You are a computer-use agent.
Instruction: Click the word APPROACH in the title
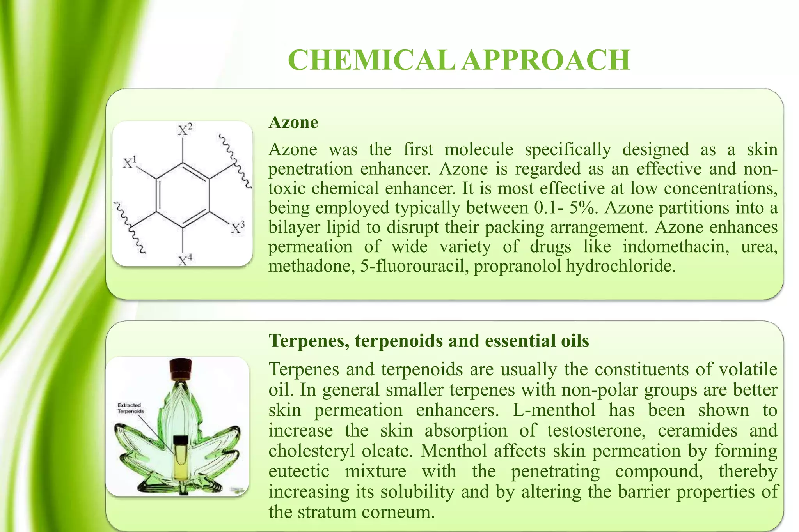[x=546, y=60]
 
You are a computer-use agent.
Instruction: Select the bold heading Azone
[x=293, y=122]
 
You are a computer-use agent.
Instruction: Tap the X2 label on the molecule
[x=185, y=130]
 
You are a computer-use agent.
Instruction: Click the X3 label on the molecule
[x=237, y=228]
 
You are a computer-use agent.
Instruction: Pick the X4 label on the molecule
[x=185, y=260]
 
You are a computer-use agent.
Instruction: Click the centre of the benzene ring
[x=183, y=195]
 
